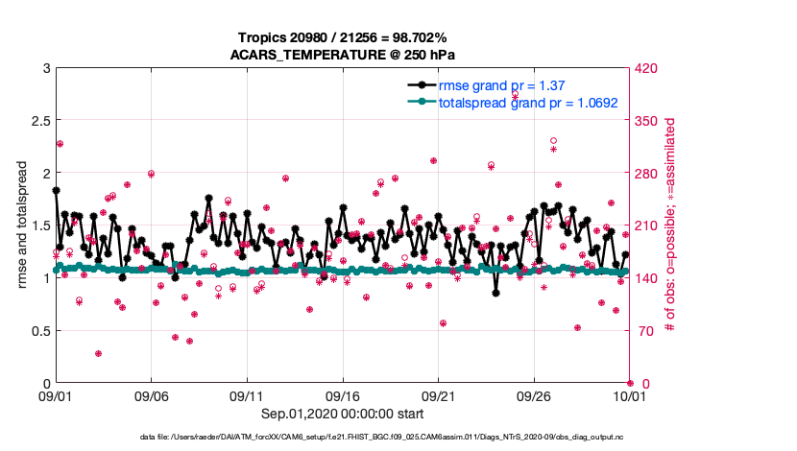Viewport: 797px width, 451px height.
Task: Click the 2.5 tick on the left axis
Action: [38, 121]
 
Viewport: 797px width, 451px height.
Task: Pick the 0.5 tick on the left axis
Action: [38, 331]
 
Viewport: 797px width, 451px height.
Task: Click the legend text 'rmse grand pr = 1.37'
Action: [501, 85]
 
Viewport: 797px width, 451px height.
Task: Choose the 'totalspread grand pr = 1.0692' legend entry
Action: [527, 102]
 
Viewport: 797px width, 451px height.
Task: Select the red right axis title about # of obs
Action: [671, 225]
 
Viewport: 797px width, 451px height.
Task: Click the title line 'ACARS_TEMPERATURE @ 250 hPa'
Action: [342, 54]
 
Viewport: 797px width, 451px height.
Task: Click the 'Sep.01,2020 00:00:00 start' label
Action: [342, 414]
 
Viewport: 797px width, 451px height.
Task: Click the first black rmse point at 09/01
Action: [56, 190]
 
